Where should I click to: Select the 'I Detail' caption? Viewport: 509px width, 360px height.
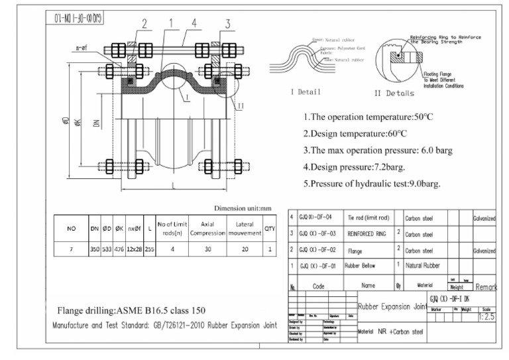click(x=306, y=91)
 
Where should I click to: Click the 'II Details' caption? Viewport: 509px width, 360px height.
click(x=394, y=93)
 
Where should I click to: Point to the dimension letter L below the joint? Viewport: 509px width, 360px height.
click(x=173, y=186)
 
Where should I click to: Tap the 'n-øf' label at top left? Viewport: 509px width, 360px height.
click(x=82, y=48)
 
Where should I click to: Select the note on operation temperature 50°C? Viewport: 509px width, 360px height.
click(x=368, y=117)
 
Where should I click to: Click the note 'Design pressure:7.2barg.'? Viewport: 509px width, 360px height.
click(x=354, y=167)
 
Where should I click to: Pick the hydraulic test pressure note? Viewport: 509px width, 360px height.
click(x=372, y=184)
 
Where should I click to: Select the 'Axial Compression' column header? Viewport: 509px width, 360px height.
click(x=207, y=229)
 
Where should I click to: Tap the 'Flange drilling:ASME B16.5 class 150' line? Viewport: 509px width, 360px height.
click(x=131, y=310)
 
